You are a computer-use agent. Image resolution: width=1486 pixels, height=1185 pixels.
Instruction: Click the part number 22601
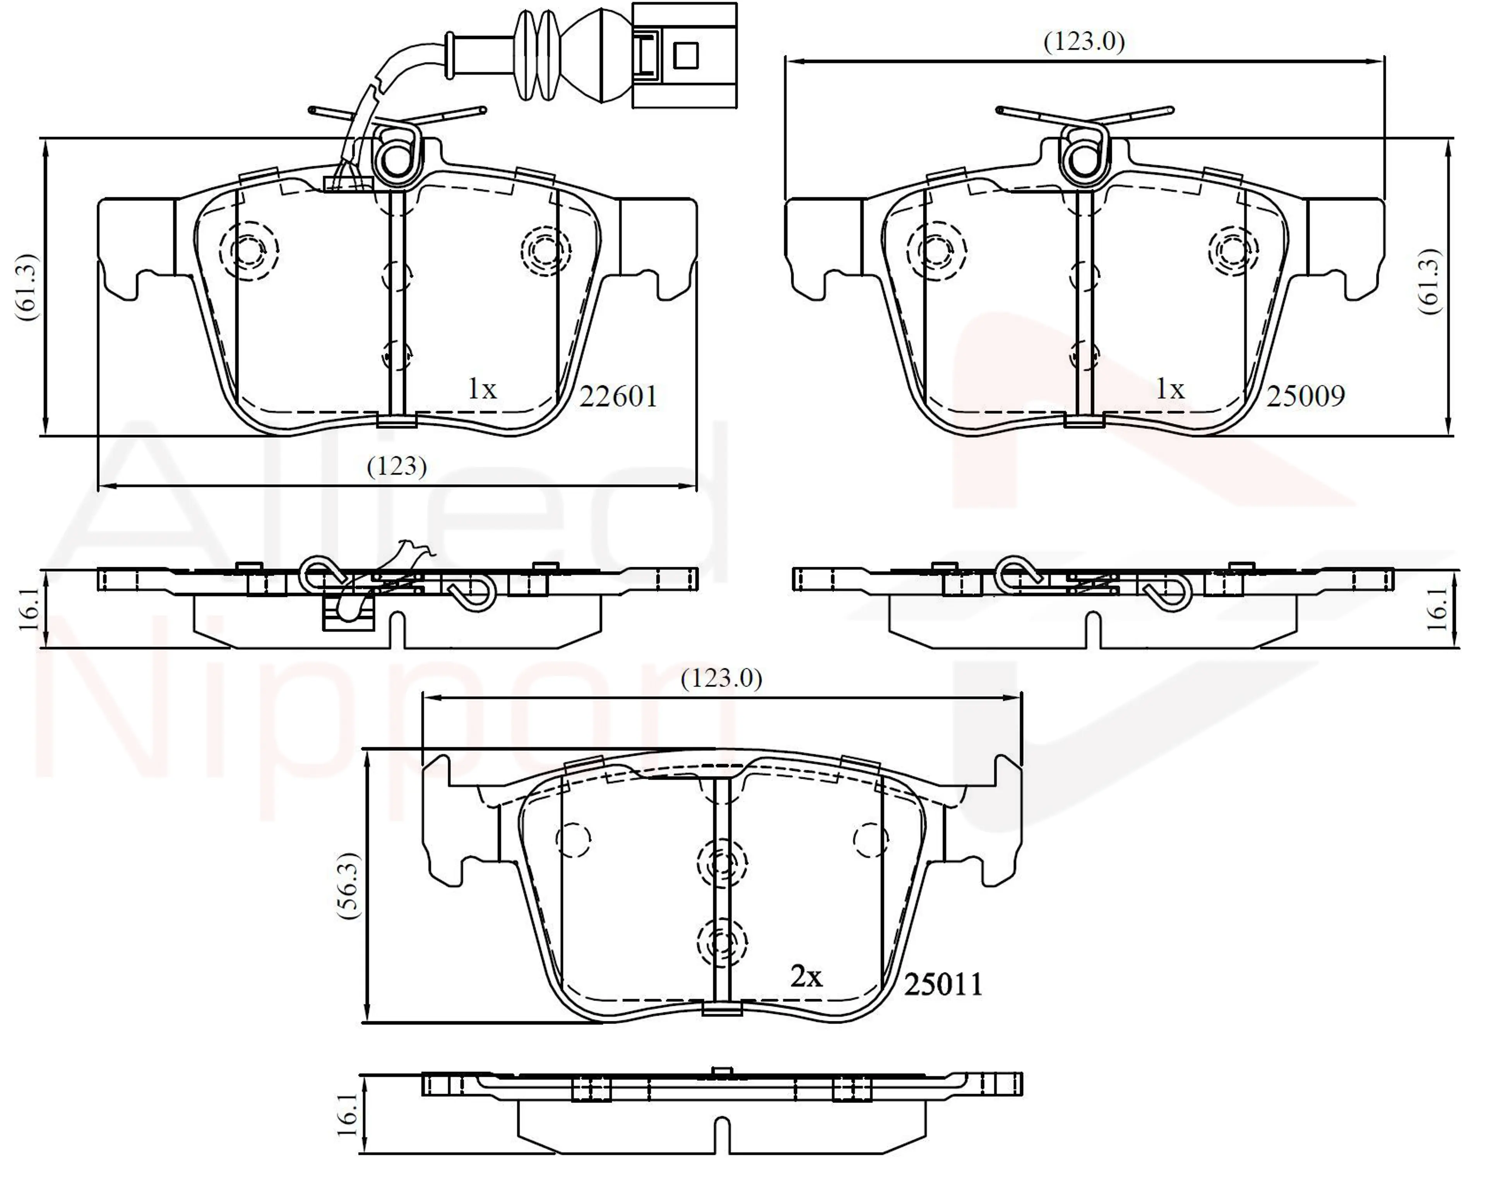(x=618, y=396)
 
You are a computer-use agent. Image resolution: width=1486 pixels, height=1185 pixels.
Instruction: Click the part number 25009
(x=1305, y=396)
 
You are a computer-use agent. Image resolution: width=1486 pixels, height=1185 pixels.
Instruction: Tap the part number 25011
(x=943, y=984)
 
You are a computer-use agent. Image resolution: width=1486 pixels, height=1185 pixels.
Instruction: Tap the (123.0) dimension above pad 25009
(x=1084, y=42)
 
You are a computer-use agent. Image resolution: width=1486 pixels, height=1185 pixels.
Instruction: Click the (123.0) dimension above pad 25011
(x=722, y=679)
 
